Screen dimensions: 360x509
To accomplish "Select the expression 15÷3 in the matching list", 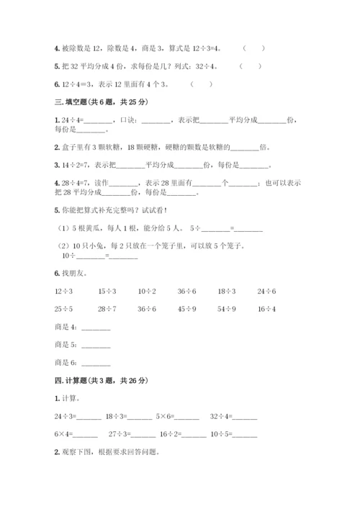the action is [x=107, y=291].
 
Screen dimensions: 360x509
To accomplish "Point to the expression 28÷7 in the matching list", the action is [x=107, y=309].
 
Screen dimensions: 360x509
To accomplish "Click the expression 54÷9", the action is [x=228, y=309].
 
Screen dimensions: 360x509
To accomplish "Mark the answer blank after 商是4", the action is [x=96, y=328].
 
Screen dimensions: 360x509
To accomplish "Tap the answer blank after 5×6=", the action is [x=187, y=416].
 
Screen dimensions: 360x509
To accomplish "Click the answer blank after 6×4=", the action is [x=86, y=434].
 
